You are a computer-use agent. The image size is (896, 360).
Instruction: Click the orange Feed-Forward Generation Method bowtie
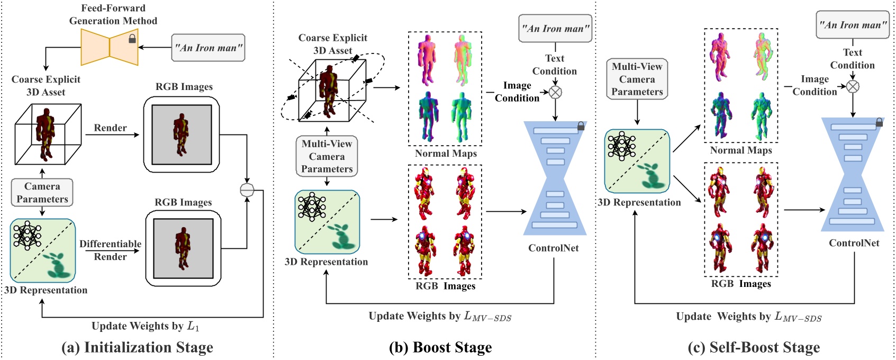(x=110, y=47)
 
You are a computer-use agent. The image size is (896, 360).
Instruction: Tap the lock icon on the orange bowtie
(x=132, y=39)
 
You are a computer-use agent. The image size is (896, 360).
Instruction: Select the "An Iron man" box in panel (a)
(x=208, y=48)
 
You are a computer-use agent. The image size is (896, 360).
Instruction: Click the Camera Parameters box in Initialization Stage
(x=42, y=192)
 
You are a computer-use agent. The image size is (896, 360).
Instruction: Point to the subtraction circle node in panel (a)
(x=247, y=190)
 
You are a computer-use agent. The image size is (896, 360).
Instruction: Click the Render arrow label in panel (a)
(x=110, y=128)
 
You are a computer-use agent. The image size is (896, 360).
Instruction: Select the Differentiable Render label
(x=110, y=250)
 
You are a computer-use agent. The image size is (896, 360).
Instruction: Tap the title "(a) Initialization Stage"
(x=137, y=347)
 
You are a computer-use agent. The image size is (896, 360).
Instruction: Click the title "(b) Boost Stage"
(x=440, y=347)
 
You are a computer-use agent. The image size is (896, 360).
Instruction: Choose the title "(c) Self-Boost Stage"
(x=754, y=347)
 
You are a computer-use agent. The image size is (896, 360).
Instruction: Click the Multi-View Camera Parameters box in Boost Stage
(x=327, y=156)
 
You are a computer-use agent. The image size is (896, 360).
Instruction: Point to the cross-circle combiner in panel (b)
(x=555, y=93)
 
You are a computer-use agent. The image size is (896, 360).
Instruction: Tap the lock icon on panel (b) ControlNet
(x=581, y=126)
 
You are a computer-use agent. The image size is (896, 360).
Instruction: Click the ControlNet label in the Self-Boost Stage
(x=854, y=243)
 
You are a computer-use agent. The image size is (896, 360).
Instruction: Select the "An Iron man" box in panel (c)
(x=853, y=25)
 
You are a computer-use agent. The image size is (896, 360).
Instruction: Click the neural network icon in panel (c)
(x=622, y=146)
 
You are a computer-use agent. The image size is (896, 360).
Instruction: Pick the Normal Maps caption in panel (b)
(x=446, y=153)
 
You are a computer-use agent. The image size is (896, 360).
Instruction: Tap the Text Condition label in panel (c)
(x=853, y=58)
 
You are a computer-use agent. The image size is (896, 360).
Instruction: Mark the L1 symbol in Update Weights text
(x=193, y=327)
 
